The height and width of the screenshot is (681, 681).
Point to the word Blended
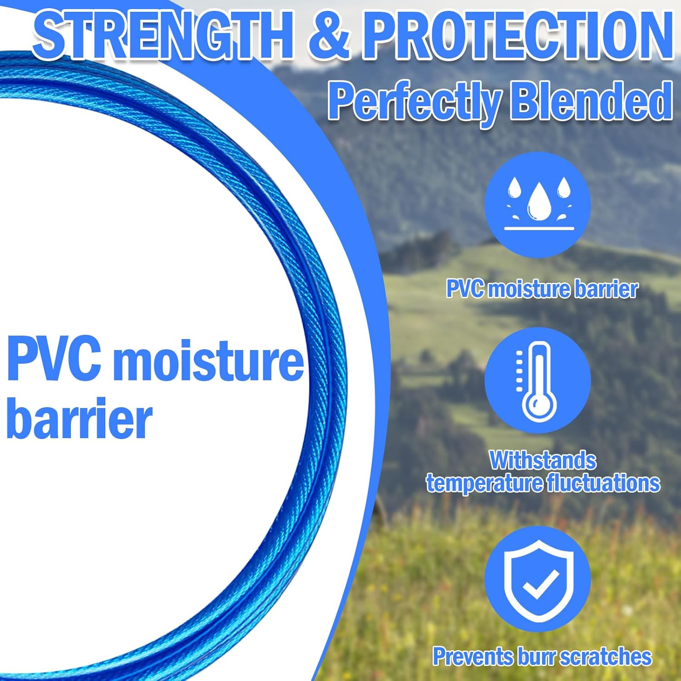[x=591, y=100]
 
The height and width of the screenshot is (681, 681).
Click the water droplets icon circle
[x=538, y=204]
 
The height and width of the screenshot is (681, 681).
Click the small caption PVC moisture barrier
[x=542, y=289]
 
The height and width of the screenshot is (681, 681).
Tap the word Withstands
[x=543, y=460]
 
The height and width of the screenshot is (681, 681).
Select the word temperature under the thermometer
[x=484, y=483]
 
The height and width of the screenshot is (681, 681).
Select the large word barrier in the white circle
[x=79, y=419]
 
